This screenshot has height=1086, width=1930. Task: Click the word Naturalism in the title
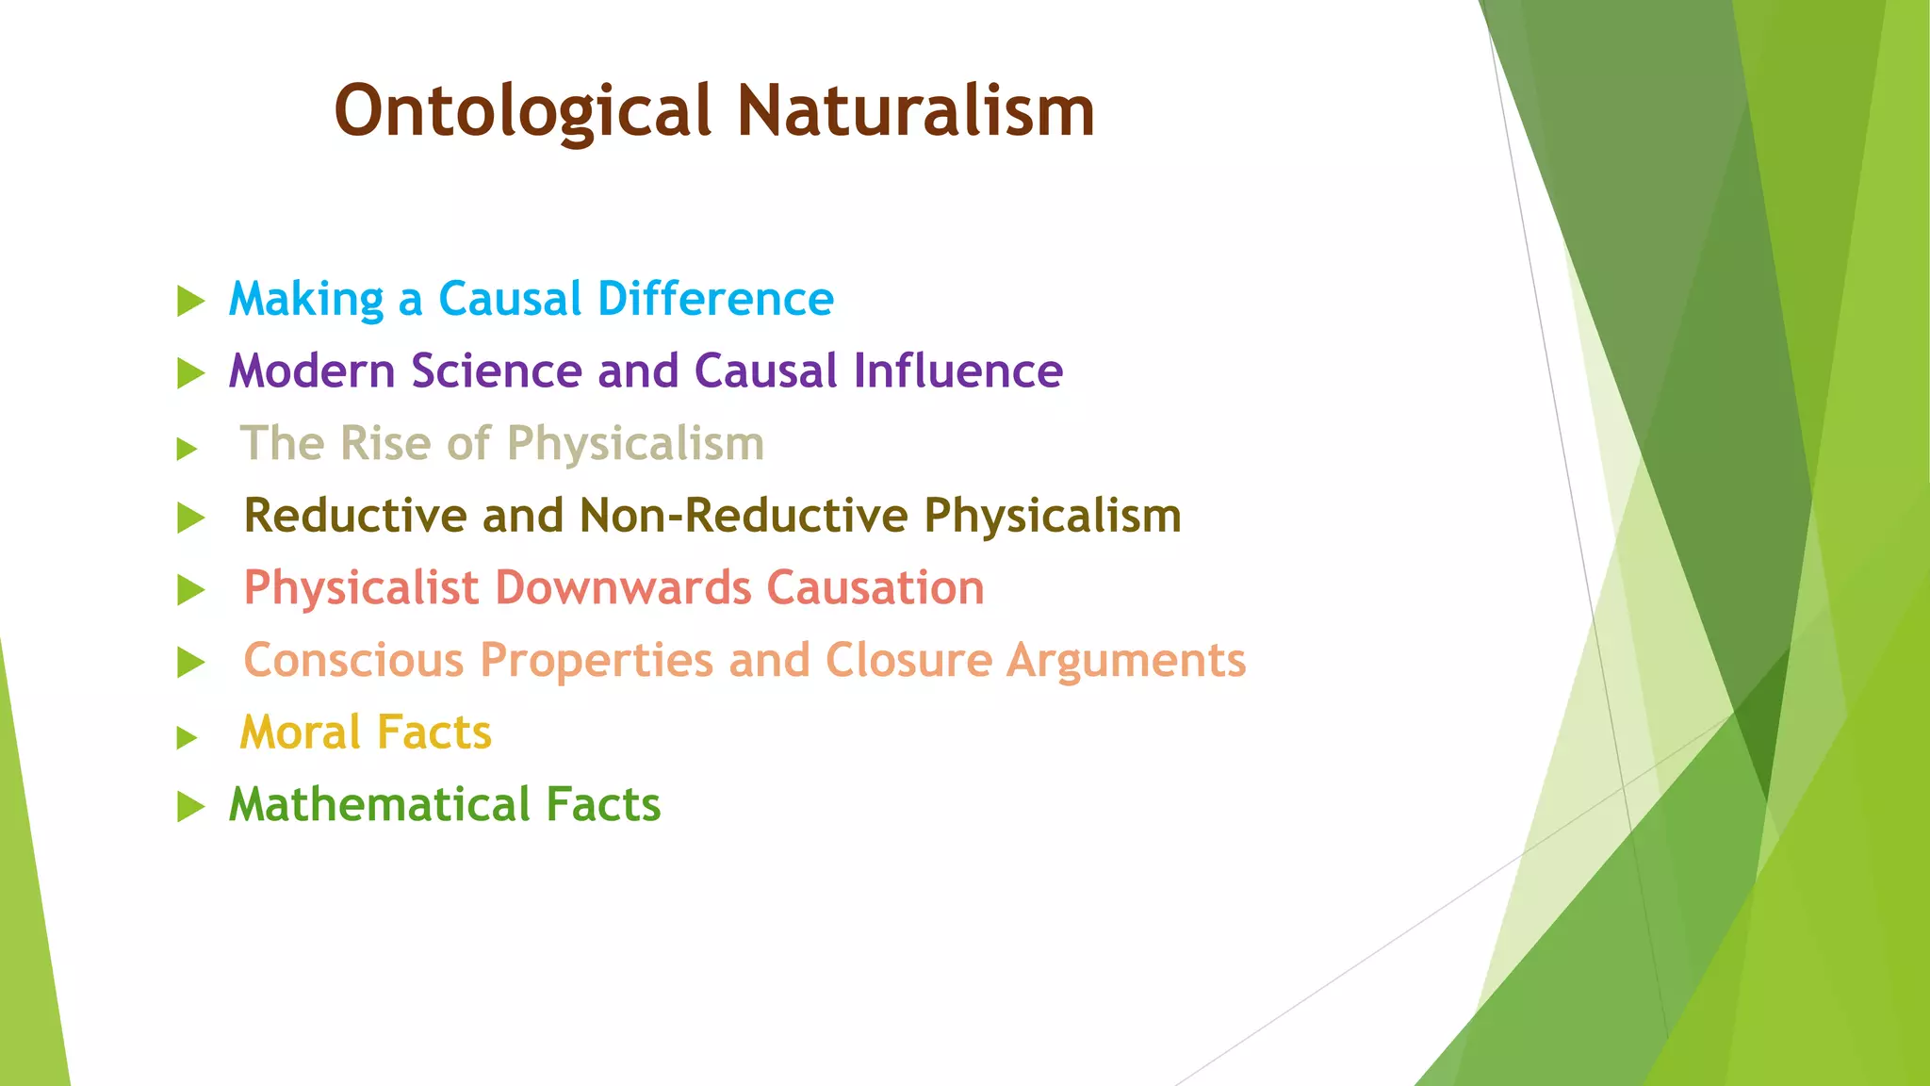pos(915,111)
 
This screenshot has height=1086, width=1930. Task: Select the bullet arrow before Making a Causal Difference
pos(190,302)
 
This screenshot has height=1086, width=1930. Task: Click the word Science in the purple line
pos(497,370)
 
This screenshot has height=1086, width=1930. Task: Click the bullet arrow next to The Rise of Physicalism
pos(187,449)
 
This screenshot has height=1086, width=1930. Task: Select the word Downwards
pos(622,588)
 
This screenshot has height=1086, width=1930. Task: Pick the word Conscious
pos(353,660)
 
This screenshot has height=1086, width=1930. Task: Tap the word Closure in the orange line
pos(908,660)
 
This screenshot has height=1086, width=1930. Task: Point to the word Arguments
pos(1126,662)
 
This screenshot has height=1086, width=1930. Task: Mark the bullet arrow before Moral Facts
pos(187,737)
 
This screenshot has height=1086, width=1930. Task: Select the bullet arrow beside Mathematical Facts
pos(190,807)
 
